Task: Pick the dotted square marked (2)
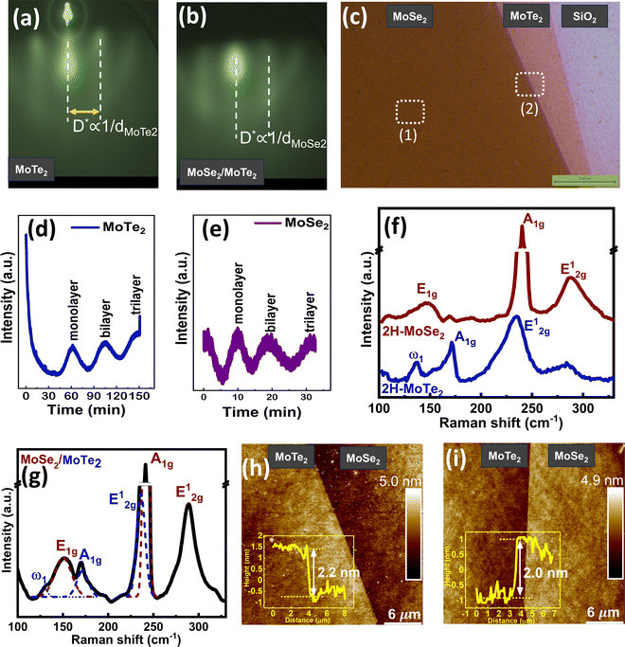[x=530, y=84]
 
